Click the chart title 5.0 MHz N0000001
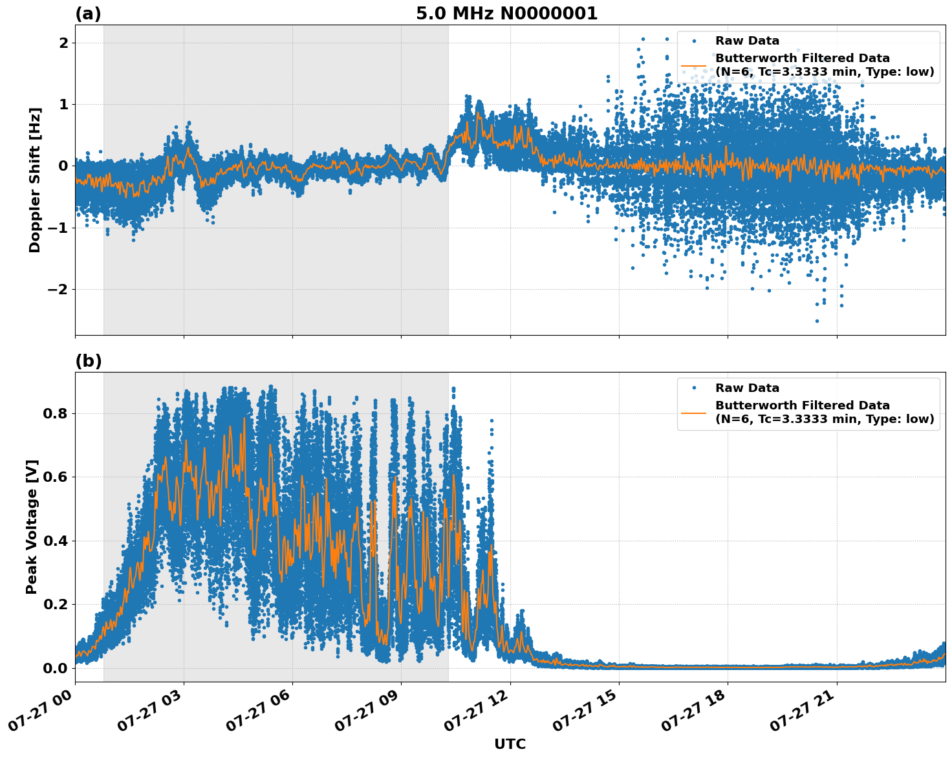[506, 14]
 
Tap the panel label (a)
[88, 14]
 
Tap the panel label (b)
[88, 361]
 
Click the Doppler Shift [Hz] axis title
[35, 180]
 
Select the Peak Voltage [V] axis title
[32, 526]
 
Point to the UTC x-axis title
[510, 744]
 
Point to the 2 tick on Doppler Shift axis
[64, 43]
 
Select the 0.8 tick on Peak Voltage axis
[56, 413]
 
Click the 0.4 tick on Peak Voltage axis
[56, 541]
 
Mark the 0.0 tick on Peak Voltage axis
[56, 668]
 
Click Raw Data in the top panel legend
[747, 41]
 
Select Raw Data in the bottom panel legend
[747, 388]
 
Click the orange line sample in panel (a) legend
[693, 65]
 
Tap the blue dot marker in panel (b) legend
[693, 388]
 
